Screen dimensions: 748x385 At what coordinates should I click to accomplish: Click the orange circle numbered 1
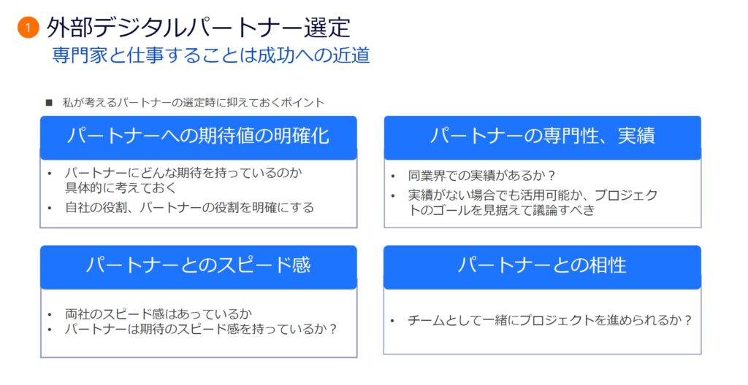click(x=28, y=28)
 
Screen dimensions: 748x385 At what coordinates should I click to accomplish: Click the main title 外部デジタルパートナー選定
click(x=199, y=27)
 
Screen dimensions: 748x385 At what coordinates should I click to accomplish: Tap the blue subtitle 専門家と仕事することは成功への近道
click(x=211, y=55)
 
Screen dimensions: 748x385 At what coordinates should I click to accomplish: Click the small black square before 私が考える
click(x=49, y=102)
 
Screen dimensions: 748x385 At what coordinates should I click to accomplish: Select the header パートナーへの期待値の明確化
click(x=199, y=136)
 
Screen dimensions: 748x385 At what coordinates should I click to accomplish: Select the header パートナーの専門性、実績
click(x=543, y=136)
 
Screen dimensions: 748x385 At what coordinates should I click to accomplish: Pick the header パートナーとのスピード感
click(x=199, y=265)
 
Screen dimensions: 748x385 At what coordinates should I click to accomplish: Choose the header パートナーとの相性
click(x=543, y=265)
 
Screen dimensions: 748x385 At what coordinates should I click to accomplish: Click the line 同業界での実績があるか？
click(x=482, y=176)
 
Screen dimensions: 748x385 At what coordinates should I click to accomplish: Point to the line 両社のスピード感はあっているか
click(x=159, y=314)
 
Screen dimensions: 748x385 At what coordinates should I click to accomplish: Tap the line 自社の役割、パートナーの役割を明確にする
click(x=189, y=208)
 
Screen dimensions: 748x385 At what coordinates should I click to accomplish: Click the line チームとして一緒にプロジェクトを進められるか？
click(x=549, y=320)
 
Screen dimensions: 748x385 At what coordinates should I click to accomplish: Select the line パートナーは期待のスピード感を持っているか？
click(x=201, y=330)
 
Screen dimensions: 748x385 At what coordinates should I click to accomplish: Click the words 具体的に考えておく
click(x=121, y=187)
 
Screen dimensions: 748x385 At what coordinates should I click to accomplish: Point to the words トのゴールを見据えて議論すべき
click(x=502, y=210)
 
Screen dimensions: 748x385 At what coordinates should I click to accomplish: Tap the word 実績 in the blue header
click(x=636, y=136)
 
